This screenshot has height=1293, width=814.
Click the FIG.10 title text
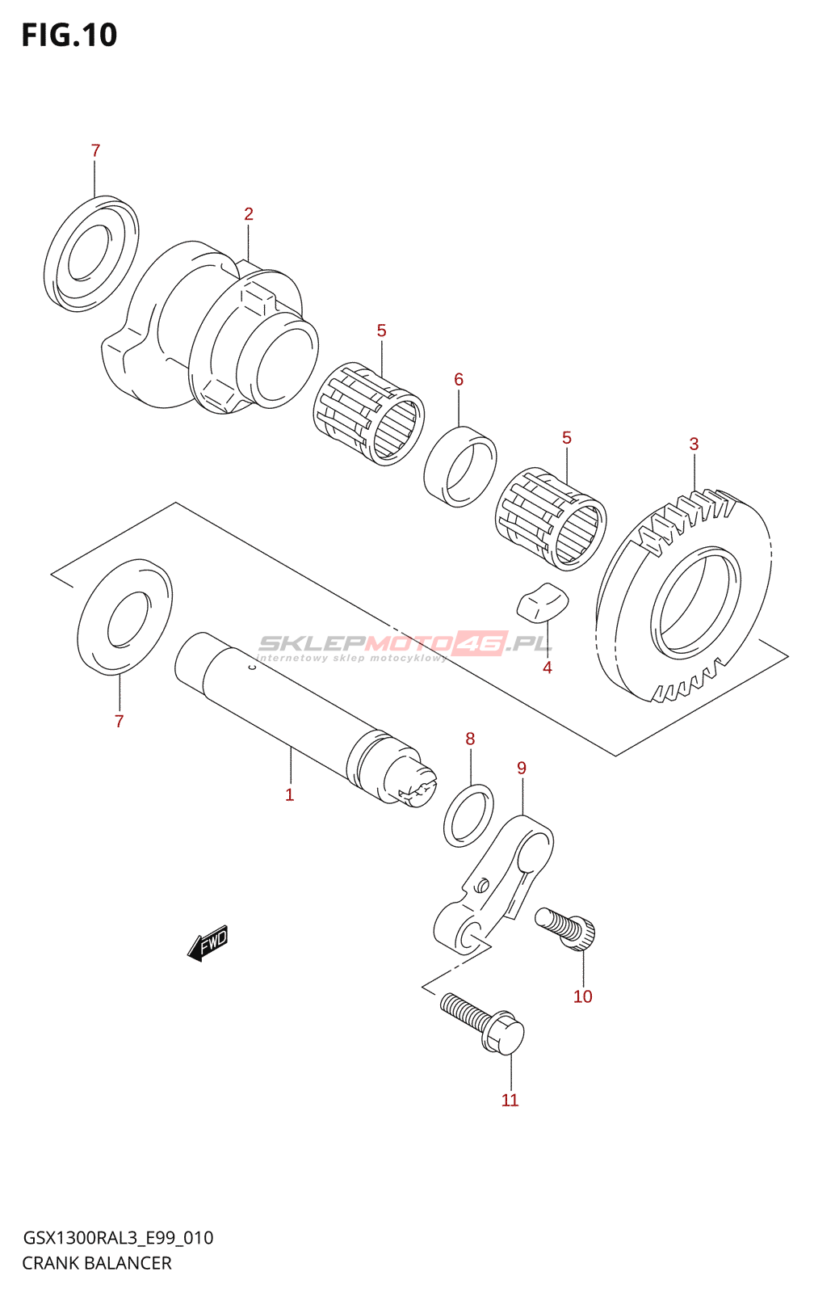click(69, 36)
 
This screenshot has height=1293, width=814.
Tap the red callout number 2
click(249, 214)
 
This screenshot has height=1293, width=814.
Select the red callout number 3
click(694, 444)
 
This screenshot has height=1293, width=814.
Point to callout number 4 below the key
click(548, 668)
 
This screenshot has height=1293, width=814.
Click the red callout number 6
click(459, 379)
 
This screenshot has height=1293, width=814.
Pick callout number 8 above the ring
click(470, 739)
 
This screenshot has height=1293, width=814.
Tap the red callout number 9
click(522, 769)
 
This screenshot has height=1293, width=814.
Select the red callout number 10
click(583, 997)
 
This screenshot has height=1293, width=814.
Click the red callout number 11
click(510, 1101)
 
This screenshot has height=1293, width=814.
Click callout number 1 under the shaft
click(290, 795)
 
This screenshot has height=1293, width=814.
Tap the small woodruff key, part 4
click(542, 603)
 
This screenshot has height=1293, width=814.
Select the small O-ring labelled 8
click(468, 815)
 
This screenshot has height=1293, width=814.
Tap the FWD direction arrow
click(208, 944)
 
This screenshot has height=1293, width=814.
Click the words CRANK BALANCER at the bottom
click(97, 1263)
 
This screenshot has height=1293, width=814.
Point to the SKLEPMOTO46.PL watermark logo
click(404, 646)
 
